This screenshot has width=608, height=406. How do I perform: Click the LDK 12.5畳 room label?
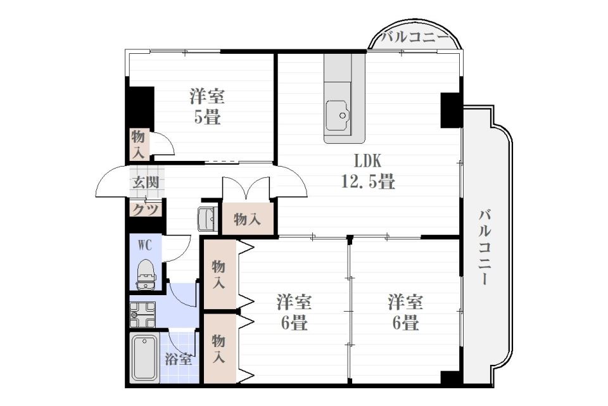tap(368, 171)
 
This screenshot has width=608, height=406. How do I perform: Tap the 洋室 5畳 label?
tap(207, 106)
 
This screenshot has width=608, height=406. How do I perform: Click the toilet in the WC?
tap(146, 273)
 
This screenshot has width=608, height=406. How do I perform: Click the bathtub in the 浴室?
tap(144, 358)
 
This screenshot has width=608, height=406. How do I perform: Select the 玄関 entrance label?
tap(145, 183)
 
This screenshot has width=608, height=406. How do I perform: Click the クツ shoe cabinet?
tap(146, 209)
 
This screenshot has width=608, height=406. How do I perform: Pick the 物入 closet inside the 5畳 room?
tap(139, 144)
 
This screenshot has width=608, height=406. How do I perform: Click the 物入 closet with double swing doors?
tap(247, 219)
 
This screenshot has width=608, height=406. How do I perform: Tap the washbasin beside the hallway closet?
tap(208, 219)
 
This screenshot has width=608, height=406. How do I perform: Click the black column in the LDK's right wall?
tap(452, 109)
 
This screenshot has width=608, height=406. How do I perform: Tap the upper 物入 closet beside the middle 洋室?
tap(218, 275)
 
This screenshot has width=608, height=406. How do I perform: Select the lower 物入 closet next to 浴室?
tap(218, 348)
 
